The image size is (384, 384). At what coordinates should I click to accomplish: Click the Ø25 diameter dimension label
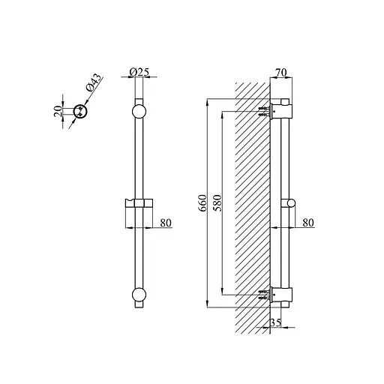click(139, 72)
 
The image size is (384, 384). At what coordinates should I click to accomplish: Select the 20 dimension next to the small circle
click(58, 111)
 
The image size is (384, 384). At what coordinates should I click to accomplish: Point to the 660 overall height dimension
click(203, 203)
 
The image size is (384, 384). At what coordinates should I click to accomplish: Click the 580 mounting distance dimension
click(217, 203)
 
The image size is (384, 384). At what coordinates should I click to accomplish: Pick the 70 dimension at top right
click(281, 73)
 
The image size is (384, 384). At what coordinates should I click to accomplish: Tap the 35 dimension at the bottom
click(276, 322)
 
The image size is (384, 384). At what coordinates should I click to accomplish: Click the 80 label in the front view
click(166, 223)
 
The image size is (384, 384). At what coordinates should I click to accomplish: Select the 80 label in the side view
click(308, 223)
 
